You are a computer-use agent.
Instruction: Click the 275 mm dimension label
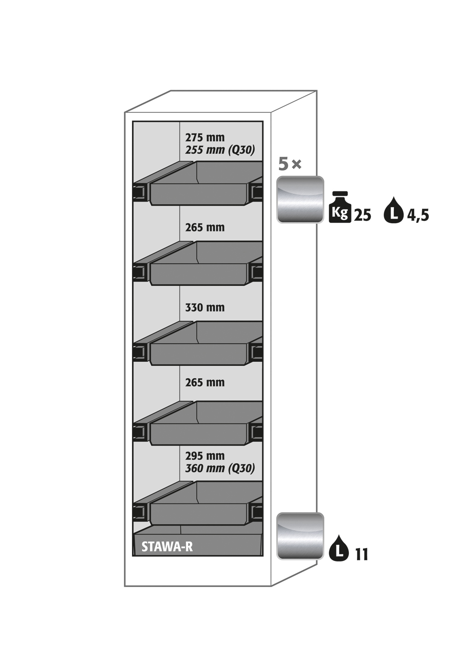pyautogui.click(x=205, y=138)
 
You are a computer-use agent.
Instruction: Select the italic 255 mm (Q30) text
pyautogui.click(x=220, y=150)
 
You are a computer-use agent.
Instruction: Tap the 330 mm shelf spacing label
pyautogui.click(x=205, y=307)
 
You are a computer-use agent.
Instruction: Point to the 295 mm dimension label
pyautogui.click(x=205, y=456)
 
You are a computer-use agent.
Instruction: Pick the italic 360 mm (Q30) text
pyautogui.click(x=220, y=468)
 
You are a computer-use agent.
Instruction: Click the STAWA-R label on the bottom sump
pyautogui.click(x=167, y=547)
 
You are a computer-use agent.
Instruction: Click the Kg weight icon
pyautogui.click(x=340, y=208)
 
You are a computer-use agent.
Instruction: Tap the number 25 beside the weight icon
pyautogui.click(x=362, y=215)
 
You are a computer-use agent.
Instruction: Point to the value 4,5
pyautogui.click(x=418, y=215)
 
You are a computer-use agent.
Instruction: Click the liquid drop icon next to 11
pyautogui.click(x=339, y=548)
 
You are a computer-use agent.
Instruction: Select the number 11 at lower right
pyautogui.click(x=362, y=555)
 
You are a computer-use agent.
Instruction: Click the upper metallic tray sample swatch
pyautogui.click(x=300, y=199)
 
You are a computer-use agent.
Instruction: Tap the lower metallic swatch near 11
pyautogui.click(x=300, y=536)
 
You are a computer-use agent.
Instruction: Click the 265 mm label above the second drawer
pyautogui.click(x=205, y=227)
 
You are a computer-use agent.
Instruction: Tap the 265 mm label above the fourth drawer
pyautogui.click(x=205, y=382)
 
